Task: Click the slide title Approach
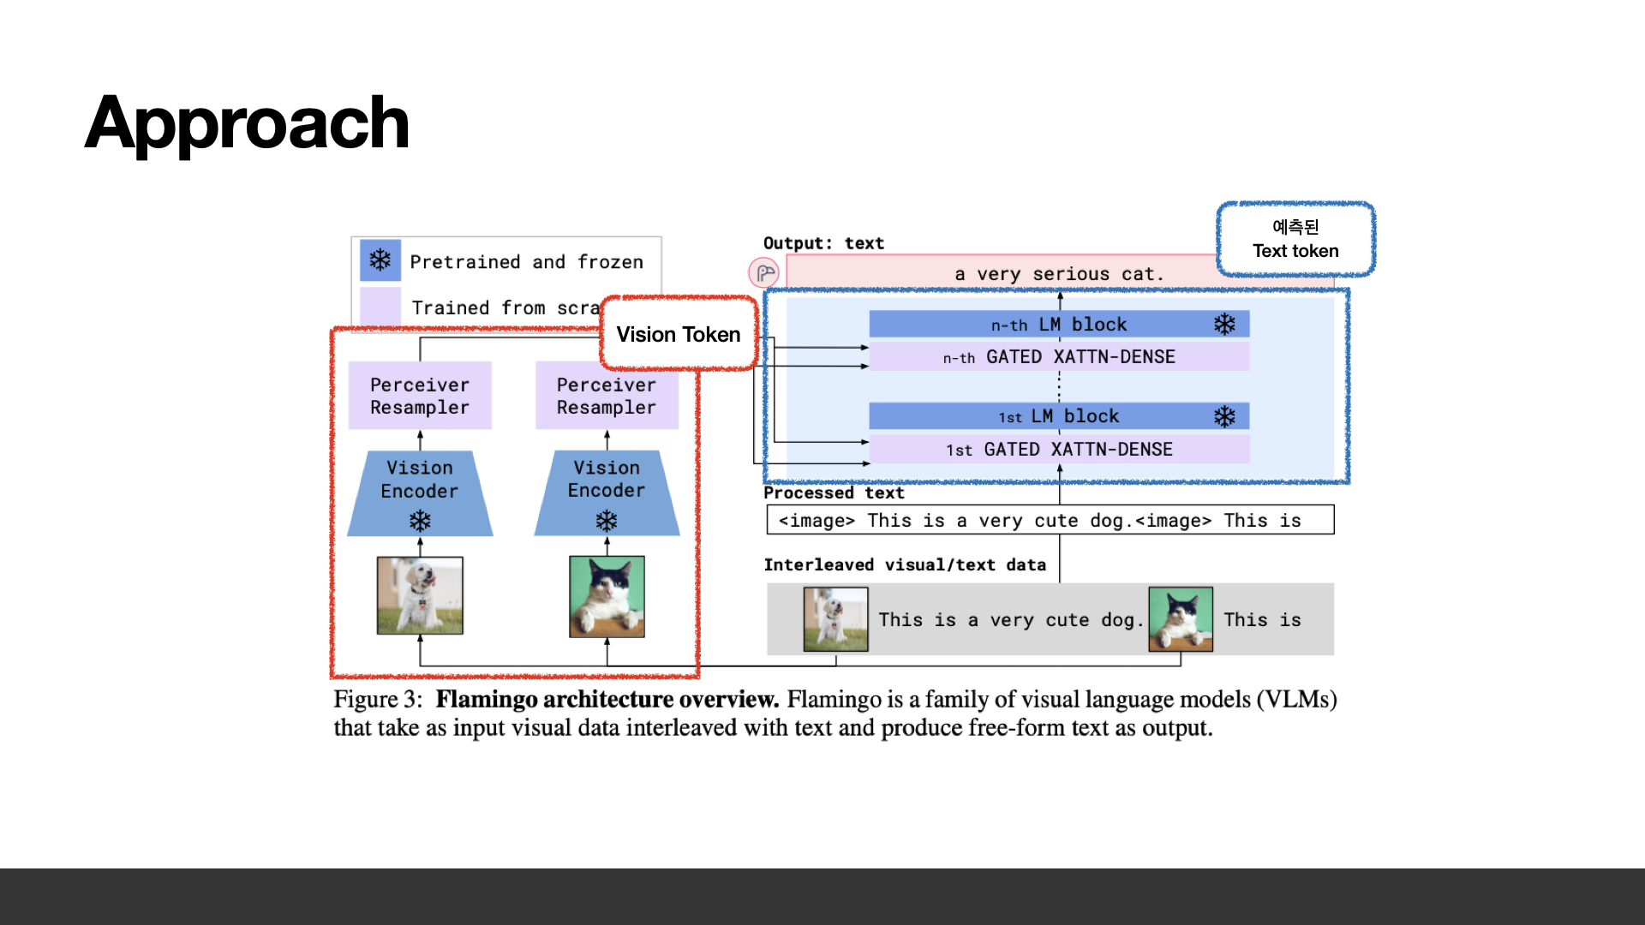point(247,124)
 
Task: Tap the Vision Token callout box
point(679,334)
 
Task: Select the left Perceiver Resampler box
point(420,396)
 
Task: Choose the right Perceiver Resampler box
point(607,396)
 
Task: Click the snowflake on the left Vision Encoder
point(420,521)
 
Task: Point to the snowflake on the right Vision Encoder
point(607,521)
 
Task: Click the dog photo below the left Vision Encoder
point(420,595)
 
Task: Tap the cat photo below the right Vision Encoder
point(607,596)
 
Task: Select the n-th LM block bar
point(1059,325)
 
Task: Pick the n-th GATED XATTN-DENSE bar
point(1059,357)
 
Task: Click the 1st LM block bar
point(1059,417)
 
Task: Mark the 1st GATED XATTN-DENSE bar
point(1059,450)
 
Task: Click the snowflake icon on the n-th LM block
point(1224,324)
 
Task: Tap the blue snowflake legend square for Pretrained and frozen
point(380,260)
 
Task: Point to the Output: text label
point(823,243)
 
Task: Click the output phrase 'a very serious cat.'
point(1059,274)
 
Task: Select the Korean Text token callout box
point(1295,239)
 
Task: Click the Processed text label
point(834,493)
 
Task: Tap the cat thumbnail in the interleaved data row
point(1180,619)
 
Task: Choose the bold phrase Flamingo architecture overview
point(607,700)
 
